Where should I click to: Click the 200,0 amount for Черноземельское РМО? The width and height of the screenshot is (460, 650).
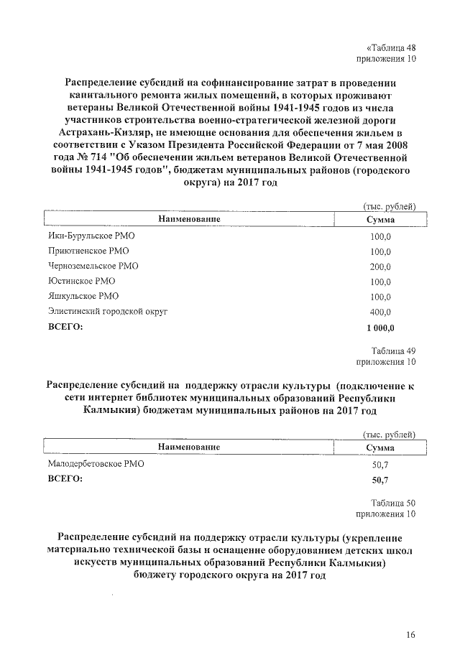pyautogui.click(x=380, y=266)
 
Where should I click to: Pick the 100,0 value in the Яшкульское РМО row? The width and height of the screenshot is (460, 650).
pyautogui.click(x=380, y=297)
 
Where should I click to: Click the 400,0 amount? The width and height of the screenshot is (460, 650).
pyautogui.click(x=380, y=312)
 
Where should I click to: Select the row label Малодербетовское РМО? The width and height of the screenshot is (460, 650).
pyautogui.click(x=96, y=464)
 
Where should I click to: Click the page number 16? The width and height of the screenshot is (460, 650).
pyautogui.click(x=410, y=633)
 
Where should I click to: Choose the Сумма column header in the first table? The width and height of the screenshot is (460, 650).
pyautogui.click(x=380, y=219)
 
